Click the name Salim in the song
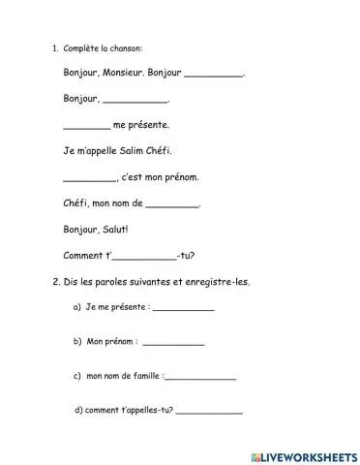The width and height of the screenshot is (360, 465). pos(134,150)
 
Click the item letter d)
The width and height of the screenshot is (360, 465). pos(77,410)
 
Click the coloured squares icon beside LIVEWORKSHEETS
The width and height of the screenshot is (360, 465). pos(255,453)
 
